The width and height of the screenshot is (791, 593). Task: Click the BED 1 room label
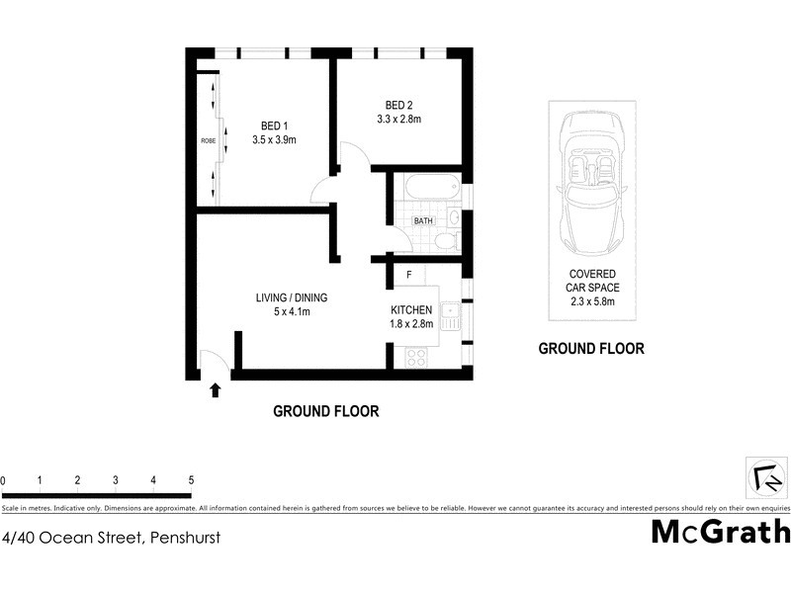(x=274, y=125)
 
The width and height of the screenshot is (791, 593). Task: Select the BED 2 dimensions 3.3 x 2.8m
(x=399, y=120)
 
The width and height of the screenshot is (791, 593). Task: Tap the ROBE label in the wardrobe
(x=208, y=140)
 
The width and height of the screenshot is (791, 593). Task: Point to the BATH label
(x=423, y=221)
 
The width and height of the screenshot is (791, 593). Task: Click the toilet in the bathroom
(x=445, y=240)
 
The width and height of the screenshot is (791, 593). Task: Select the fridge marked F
(x=408, y=274)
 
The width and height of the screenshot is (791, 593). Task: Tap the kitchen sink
(x=450, y=316)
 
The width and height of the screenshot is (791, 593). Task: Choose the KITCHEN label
(x=412, y=309)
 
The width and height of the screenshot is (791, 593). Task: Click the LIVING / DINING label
(x=291, y=297)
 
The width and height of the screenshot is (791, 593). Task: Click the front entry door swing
(x=213, y=363)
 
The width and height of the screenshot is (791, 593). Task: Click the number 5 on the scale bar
(x=190, y=480)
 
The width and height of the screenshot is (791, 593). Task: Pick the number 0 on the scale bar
(x=3, y=480)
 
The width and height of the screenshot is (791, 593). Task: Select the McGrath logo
(x=720, y=531)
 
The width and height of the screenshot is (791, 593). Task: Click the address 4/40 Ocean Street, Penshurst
(x=111, y=539)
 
